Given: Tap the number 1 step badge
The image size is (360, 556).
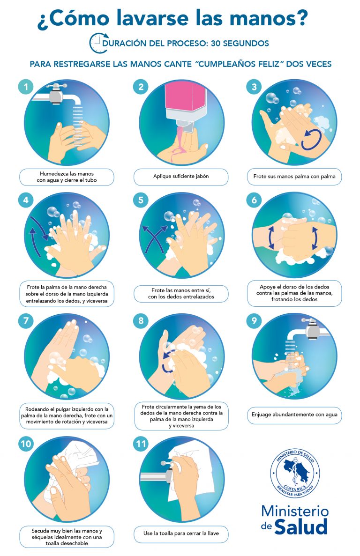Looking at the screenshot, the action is tap(25, 87).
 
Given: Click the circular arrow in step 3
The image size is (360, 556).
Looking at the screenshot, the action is tap(311, 139).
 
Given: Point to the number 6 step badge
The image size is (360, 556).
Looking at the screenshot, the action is tap(254, 200).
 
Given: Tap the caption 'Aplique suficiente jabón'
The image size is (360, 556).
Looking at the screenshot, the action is tap(181, 176).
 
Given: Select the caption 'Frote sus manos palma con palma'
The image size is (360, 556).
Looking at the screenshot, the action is tap(294, 176).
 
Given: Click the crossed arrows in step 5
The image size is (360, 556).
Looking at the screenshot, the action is tap(154, 238).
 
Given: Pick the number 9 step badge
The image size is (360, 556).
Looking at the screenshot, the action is tap(254, 321).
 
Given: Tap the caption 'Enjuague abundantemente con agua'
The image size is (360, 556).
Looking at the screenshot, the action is tap(294, 414).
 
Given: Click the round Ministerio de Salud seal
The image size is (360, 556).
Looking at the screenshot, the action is tap(295, 473).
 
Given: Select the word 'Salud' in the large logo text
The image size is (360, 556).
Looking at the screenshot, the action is tap(301, 526).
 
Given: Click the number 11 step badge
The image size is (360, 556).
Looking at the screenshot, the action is tap(141, 444).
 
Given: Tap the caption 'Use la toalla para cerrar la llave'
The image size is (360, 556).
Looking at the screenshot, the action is tap(181, 533).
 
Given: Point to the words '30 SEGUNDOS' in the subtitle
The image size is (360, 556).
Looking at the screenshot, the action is tap(240, 43).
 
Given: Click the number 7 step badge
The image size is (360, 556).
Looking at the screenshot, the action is tap(25, 321).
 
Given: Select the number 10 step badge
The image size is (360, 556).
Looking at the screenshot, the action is tap(26, 444).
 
